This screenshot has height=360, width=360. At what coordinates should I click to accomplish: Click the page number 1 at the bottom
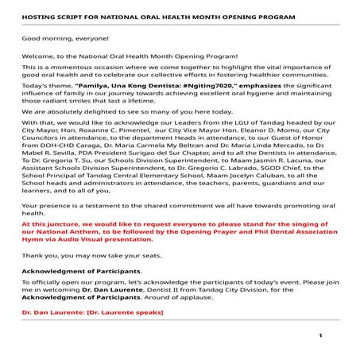[320, 335]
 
